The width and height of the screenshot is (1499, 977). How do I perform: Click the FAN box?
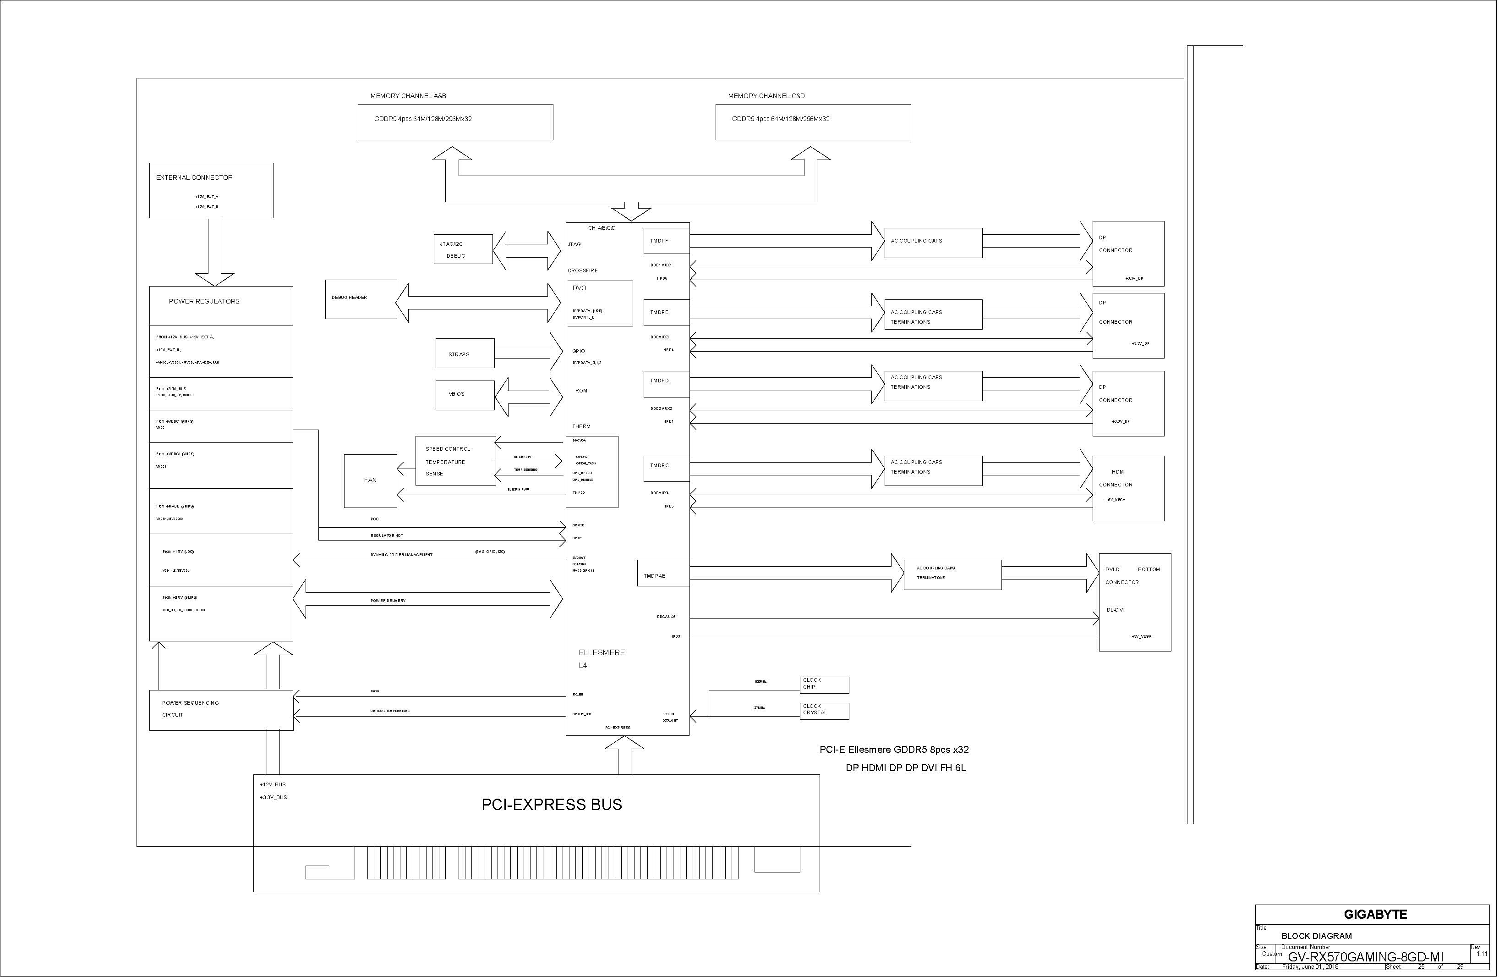click(370, 480)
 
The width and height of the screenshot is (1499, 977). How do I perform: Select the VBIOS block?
click(464, 395)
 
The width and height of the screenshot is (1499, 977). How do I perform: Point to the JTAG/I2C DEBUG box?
click(463, 249)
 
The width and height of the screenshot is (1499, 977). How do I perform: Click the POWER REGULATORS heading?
click(204, 301)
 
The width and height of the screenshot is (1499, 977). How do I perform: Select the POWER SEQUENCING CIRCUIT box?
click(221, 710)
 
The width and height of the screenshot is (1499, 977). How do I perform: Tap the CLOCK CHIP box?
click(824, 684)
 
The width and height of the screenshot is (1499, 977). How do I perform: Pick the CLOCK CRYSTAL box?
click(824, 710)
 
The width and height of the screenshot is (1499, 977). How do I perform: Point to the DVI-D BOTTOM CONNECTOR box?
click(1134, 602)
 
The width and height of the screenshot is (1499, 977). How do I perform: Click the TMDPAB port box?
click(662, 574)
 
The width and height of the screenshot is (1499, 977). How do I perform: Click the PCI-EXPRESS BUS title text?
click(552, 805)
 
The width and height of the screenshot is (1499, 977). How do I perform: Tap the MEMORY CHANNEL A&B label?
click(408, 96)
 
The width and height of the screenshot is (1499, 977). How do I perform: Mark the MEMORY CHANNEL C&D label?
click(766, 96)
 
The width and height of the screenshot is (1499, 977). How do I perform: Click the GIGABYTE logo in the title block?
click(1375, 915)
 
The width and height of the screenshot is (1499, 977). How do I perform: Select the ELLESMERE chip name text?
click(602, 653)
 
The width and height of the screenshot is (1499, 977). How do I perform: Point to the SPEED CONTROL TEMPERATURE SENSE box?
click(455, 461)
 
